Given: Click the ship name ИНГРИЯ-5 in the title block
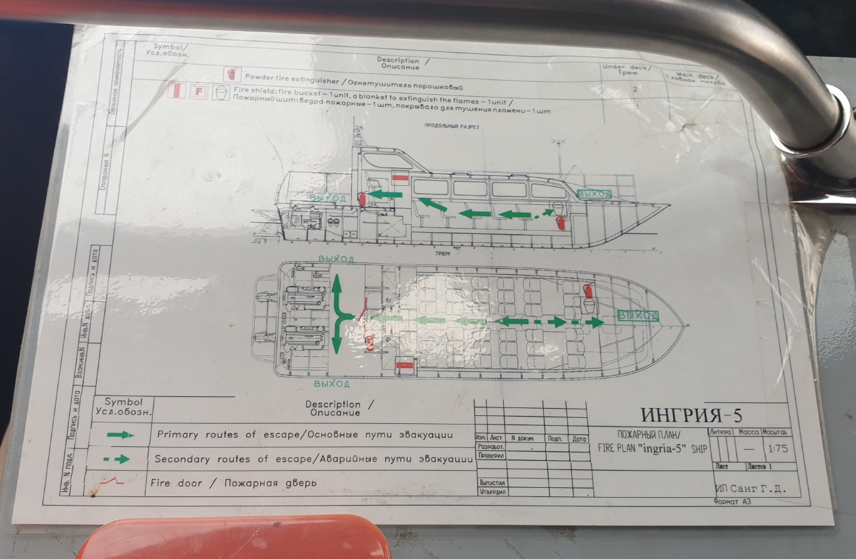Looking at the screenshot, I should point(691,415).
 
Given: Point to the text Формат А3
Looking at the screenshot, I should point(732,502).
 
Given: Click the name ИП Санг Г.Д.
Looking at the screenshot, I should point(750,489).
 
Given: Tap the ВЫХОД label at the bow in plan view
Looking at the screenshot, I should point(638,316).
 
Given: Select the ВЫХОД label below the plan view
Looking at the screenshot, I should point(332,384).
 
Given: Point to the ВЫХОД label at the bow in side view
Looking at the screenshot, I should point(594,194).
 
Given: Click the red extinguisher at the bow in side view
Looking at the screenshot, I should point(560,221).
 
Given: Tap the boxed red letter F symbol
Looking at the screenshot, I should point(197,92).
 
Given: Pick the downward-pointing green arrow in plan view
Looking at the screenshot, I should point(336,339).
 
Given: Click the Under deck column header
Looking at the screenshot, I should point(626,70).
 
